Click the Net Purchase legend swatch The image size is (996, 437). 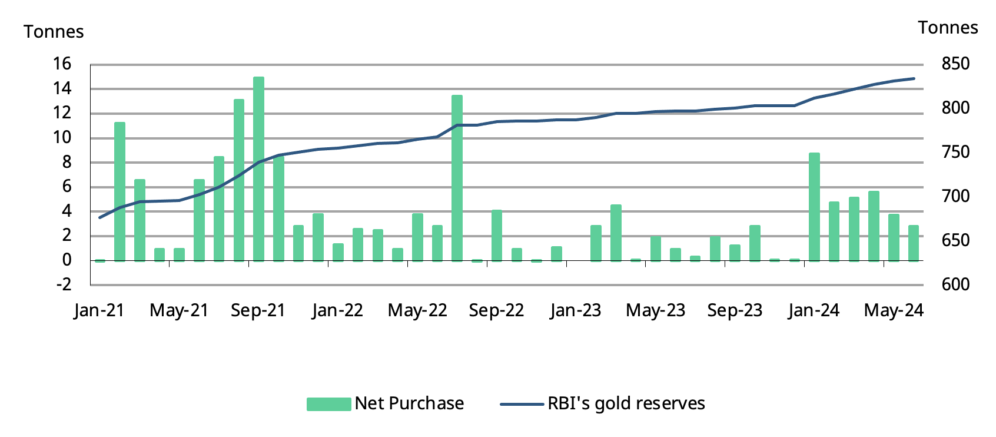pos(328,404)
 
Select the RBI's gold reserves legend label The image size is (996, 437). pos(626,403)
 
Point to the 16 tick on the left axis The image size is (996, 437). pos(62,64)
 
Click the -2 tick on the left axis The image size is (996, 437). pos(64,284)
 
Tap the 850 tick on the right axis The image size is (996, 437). pos(955,64)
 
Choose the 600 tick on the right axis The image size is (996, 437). pos(955,284)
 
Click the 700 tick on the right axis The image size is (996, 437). pos(955,196)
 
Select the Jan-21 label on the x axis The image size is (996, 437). pos(99,310)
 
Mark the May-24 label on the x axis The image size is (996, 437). pos(894,310)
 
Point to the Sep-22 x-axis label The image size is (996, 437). pos(496,310)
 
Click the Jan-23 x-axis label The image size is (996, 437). pos(576,310)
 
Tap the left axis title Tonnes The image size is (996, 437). pos(54,32)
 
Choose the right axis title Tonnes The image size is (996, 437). pos(948,28)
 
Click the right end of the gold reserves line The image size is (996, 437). pos(914,78)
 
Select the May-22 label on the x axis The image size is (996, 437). pos(417,310)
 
